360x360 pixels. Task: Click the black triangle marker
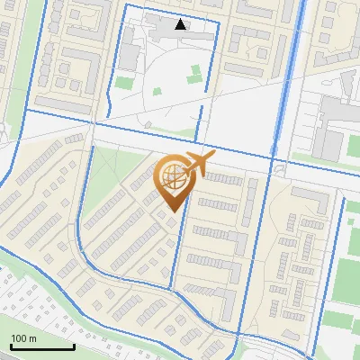pyautogui.click(x=181, y=25)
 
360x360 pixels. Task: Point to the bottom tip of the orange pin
pyautogui.click(x=171, y=210)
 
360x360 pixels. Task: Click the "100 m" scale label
pyautogui.click(x=23, y=338)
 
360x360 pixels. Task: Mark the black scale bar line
pyautogui.click(x=42, y=346)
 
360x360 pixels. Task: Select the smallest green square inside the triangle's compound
pyautogui.click(x=157, y=91)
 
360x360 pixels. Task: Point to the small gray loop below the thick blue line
pyautogui.click(x=281, y=169)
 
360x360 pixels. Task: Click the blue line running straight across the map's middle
pyautogui.click(x=135, y=130)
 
